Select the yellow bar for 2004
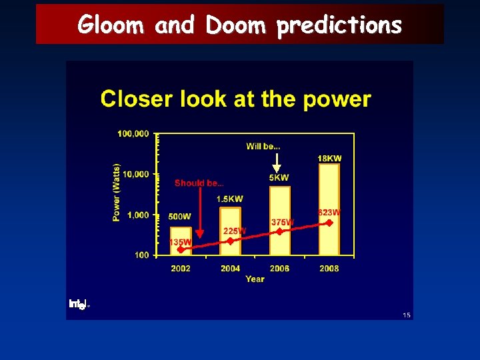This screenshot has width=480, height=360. coord(230,231)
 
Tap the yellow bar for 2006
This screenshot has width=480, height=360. coord(279,220)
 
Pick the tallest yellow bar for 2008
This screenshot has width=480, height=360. coord(329,209)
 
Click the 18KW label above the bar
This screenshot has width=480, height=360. coord(329,159)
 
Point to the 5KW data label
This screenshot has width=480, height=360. coord(279,178)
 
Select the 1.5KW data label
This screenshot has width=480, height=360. coord(230,199)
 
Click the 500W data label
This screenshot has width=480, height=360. coord(179,217)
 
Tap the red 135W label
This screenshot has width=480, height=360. coord(180,242)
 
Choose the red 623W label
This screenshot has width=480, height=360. coord(329,213)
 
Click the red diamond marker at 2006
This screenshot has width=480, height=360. coord(279,231)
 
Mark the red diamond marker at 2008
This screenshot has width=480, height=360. coord(329,223)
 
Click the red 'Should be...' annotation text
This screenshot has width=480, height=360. coord(199,183)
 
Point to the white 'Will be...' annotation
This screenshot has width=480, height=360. coord(263,146)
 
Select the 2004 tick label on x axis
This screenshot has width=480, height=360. coord(230,269)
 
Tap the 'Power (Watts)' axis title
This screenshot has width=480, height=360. coord(117,192)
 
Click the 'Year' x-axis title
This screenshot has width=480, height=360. coord(255,279)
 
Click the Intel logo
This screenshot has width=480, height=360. coord(78,304)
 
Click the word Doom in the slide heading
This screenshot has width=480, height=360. coord(235,25)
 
